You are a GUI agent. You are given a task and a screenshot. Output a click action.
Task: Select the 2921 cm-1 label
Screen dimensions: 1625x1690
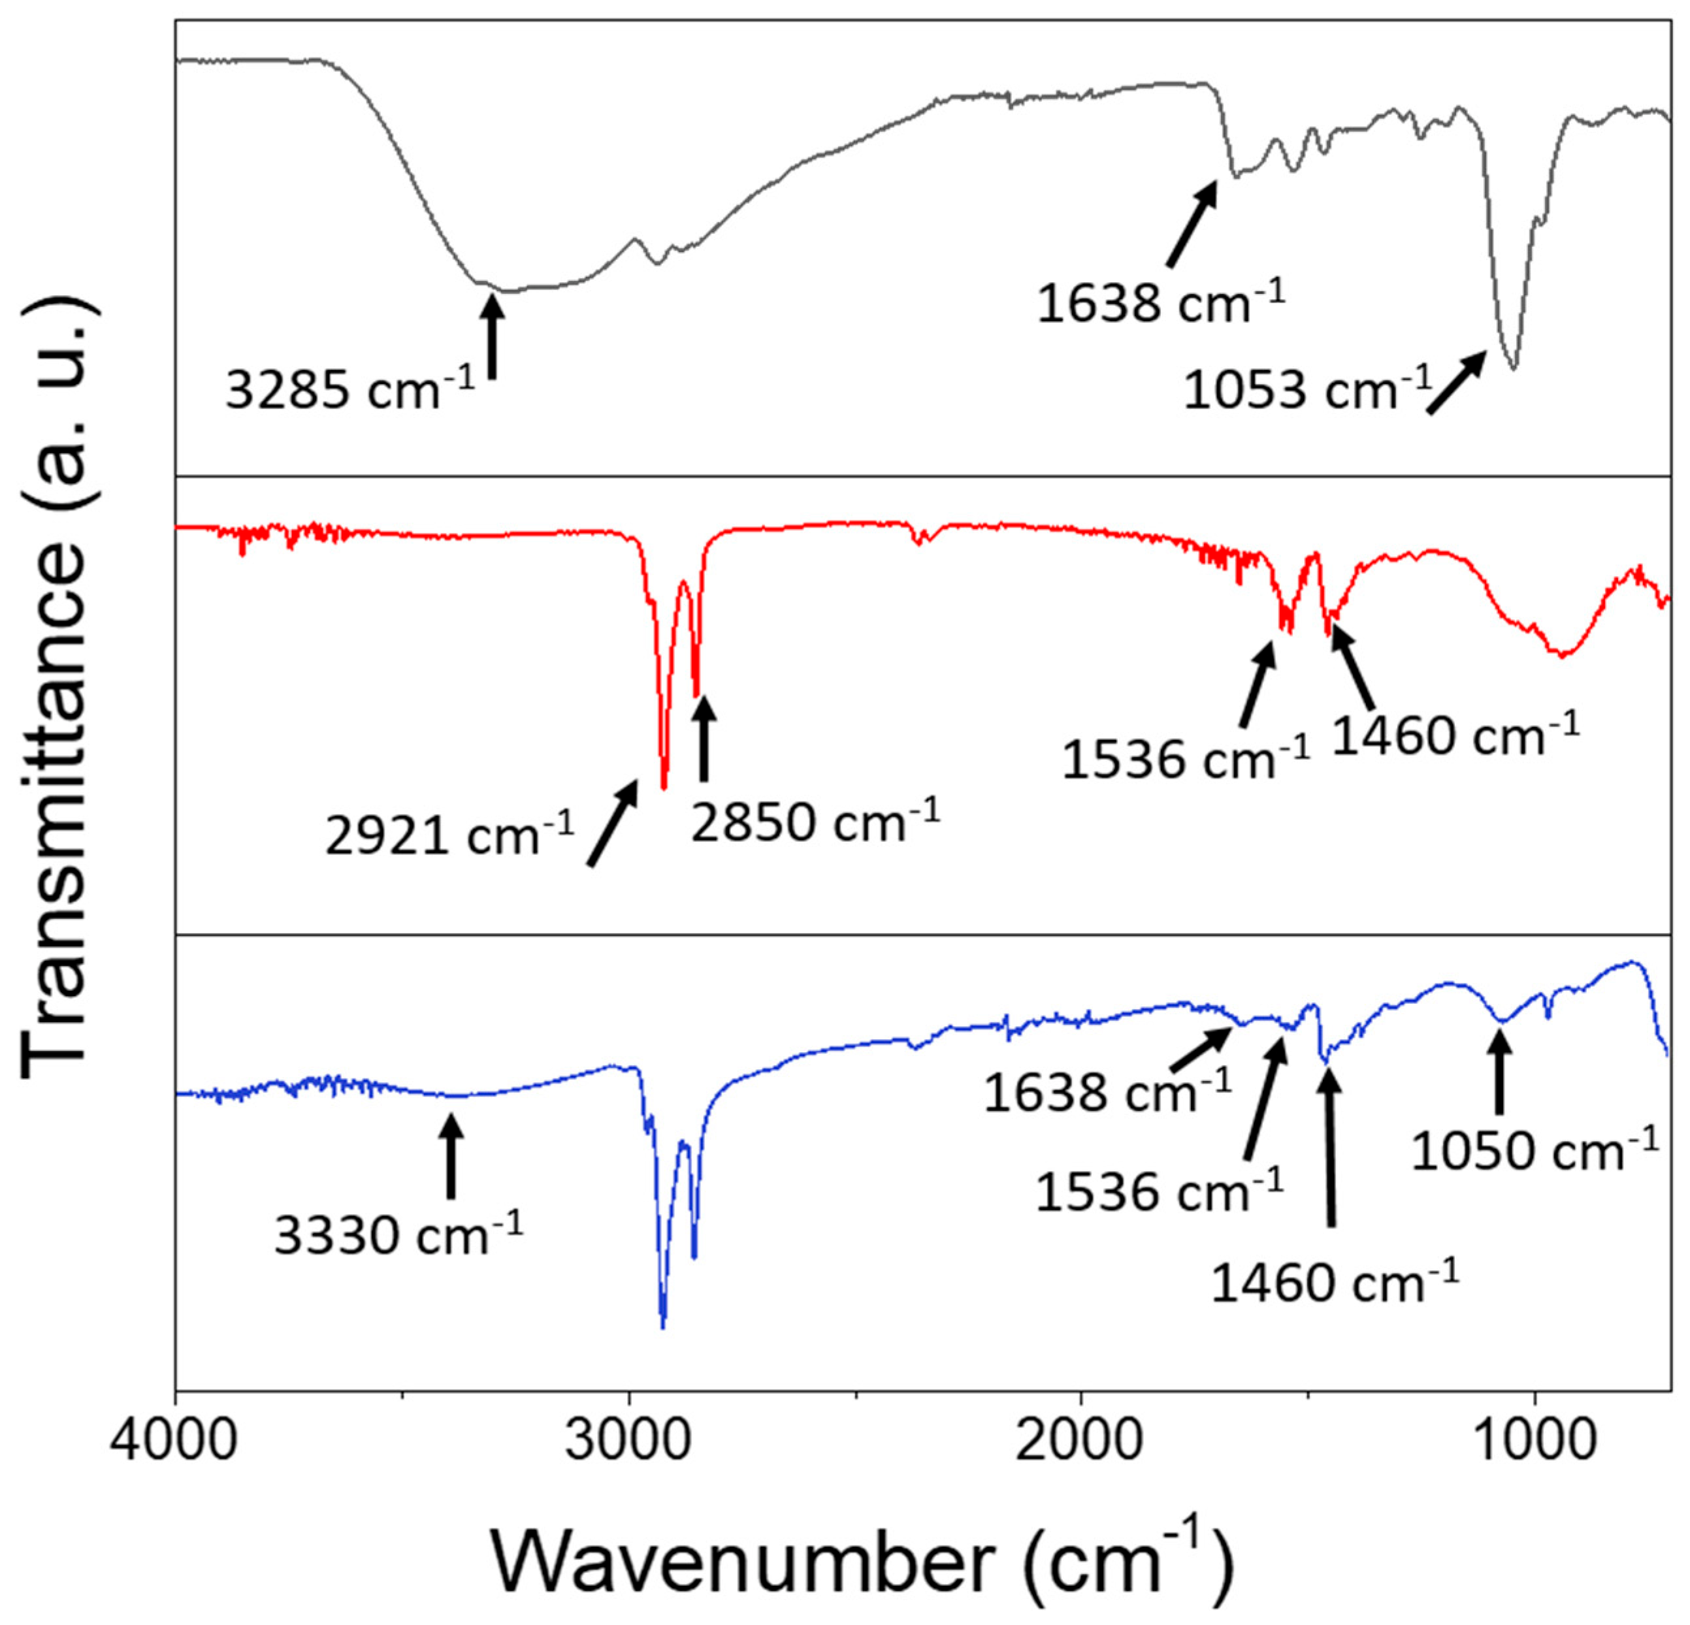[x=448, y=835]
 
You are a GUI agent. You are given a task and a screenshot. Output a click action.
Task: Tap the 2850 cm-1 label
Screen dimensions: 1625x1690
[x=814, y=821]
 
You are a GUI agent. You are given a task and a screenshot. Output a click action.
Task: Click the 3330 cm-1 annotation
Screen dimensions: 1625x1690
[x=398, y=1235]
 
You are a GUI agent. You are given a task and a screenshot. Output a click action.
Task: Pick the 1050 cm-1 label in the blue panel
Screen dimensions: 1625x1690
[x=1534, y=1149]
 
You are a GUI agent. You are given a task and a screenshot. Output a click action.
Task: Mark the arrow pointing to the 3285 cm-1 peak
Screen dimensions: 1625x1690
[x=493, y=336]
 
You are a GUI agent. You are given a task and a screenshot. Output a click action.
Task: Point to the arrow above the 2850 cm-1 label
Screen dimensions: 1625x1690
[x=704, y=738]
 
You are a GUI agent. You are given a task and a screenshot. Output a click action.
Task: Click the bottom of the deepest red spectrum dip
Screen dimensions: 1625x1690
[x=663, y=786]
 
